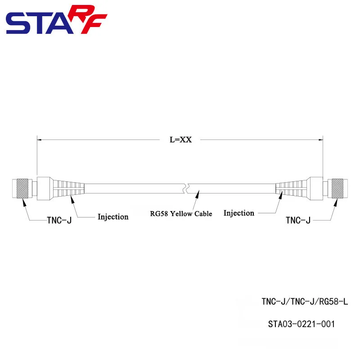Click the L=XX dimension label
(x=180, y=139)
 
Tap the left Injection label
(x=113, y=217)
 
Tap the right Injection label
(x=238, y=213)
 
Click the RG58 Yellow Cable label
(x=181, y=214)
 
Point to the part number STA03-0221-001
(x=301, y=324)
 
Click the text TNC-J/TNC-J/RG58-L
(x=305, y=301)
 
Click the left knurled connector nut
(x=22, y=188)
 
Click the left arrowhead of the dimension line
(x=39, y=140)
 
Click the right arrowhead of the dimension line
(x=321, y=140)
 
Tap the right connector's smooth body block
(x=315, y=188)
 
